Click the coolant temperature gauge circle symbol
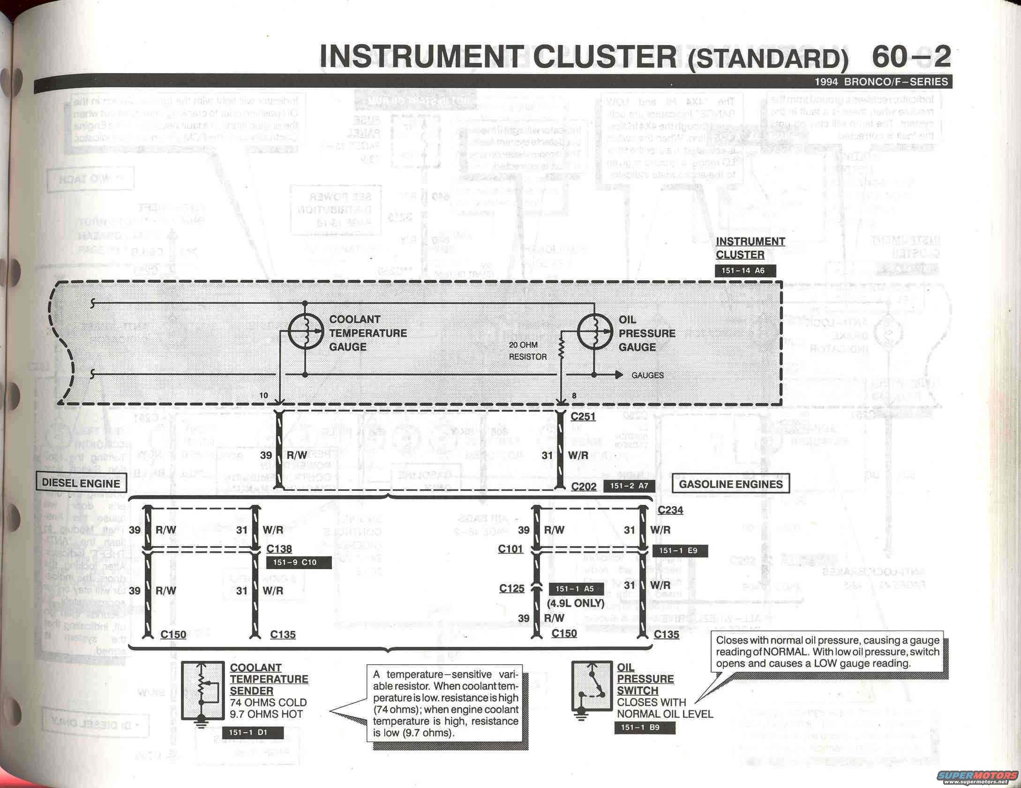tap(305, 332)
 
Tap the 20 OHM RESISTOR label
tap(527, 351)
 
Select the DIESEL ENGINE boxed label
tap(81, 483)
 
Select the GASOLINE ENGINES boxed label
tap(730, 484)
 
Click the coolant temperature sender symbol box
tap(202, 690)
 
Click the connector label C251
tap(583, 416)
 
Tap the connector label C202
tap(584, 487)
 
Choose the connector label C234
tap(670, 510)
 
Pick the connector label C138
tap(279, 548)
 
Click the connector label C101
tap(510, 548)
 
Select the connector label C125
tap(511, 588)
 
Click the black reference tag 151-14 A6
tap(745, 270)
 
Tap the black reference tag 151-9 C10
tap(298, 563)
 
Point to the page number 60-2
tap(911, 56)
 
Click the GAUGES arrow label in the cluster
tap(647, 375)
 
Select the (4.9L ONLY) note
tap(575, 603)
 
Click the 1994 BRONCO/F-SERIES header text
tap(881, 82)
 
